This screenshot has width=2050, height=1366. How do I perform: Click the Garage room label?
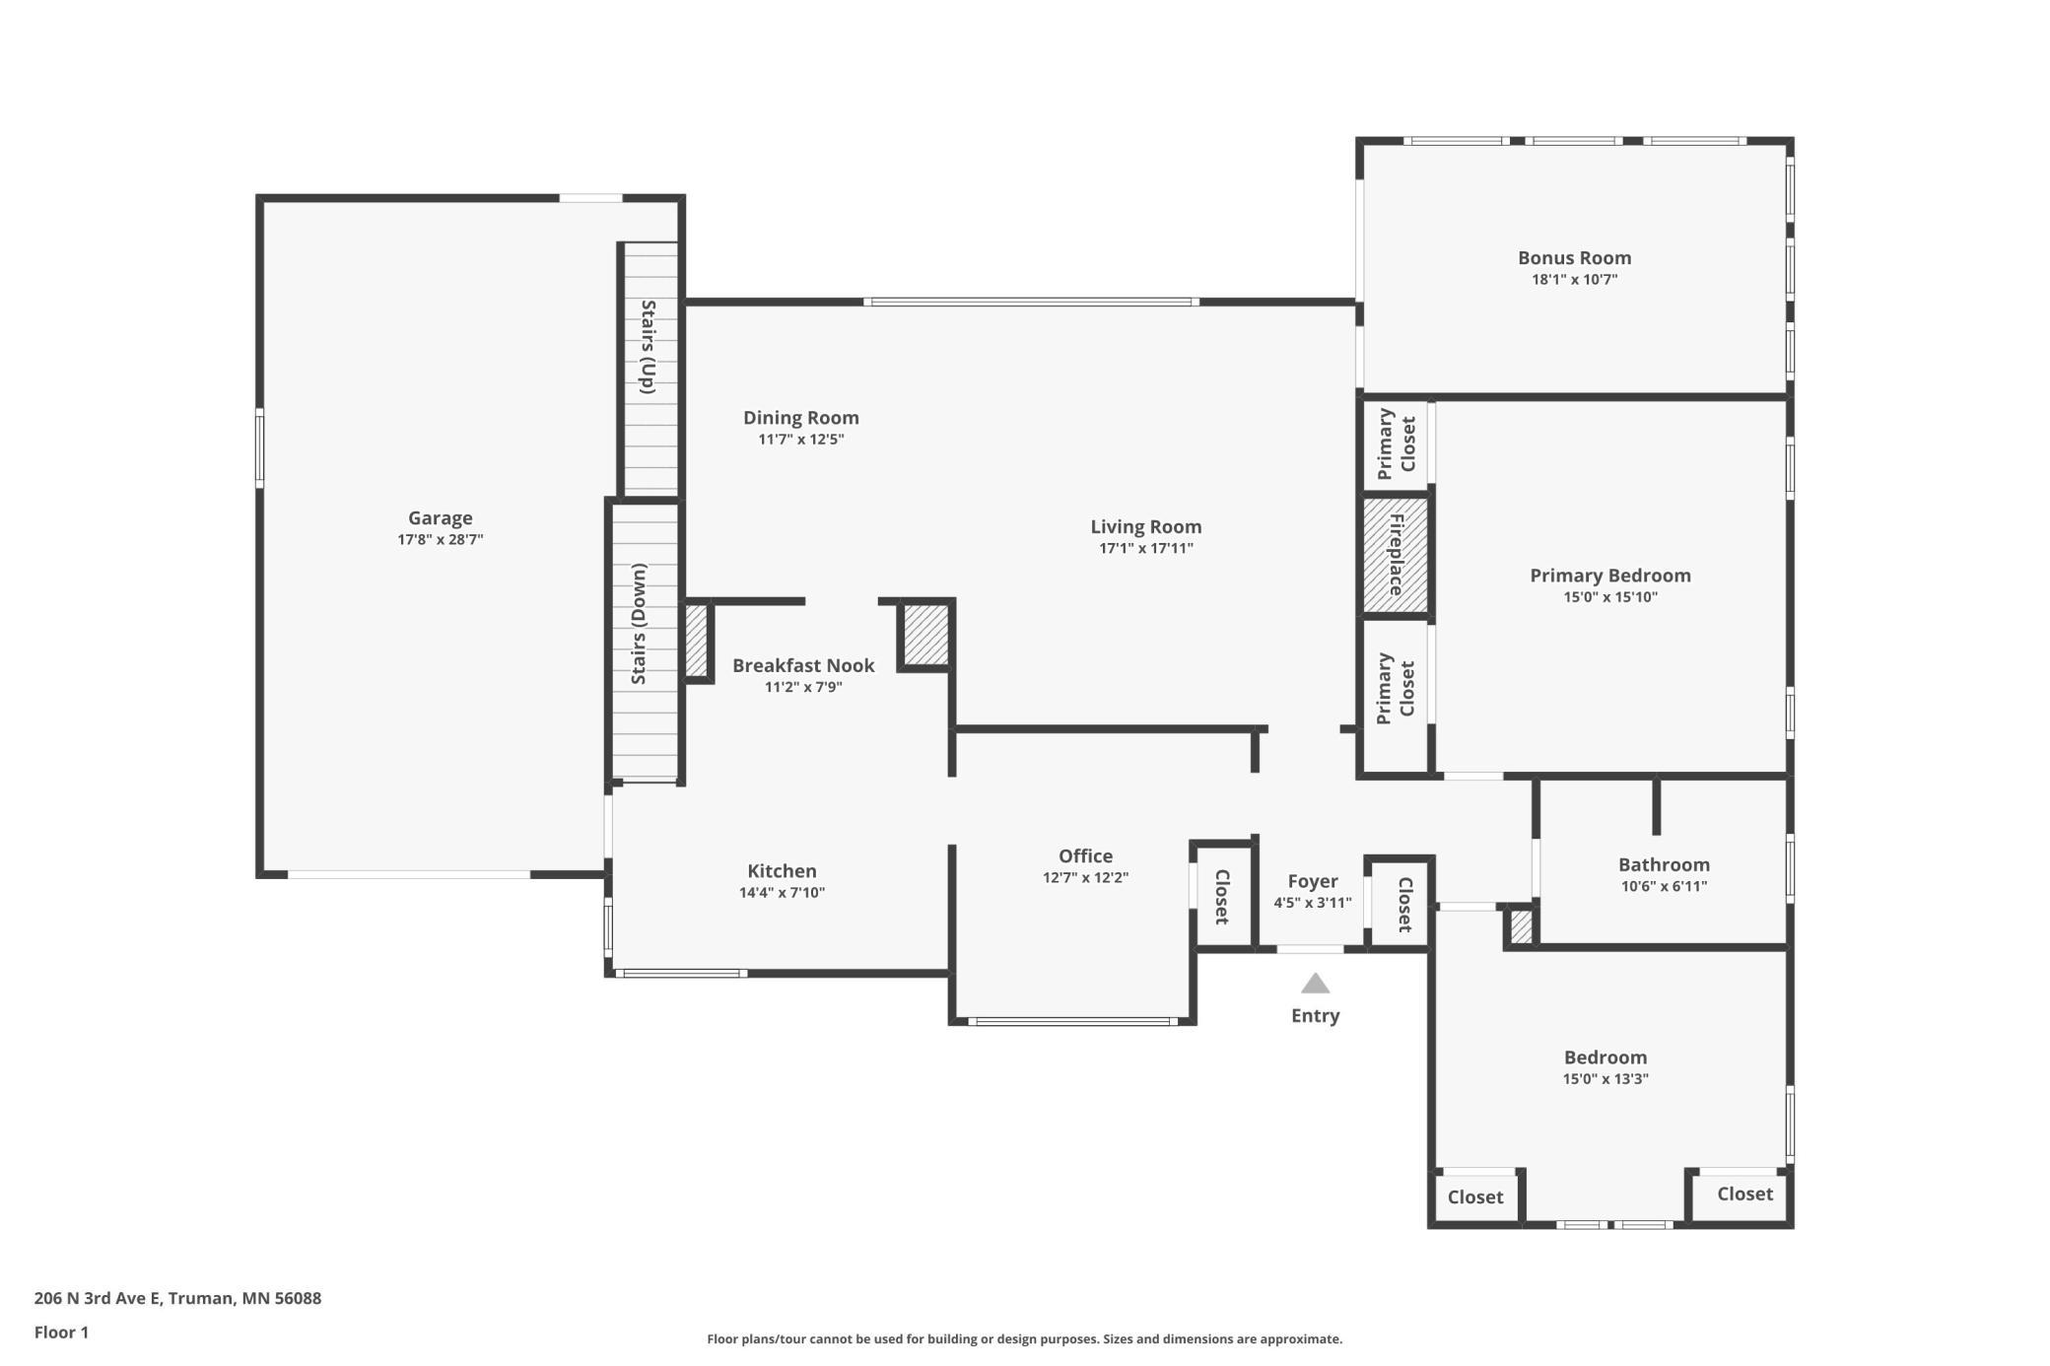(x=441, y=517)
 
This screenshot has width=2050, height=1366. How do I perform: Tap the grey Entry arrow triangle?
(x=1315, y=984)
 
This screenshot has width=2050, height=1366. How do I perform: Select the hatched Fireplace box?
(x=1395, y=554)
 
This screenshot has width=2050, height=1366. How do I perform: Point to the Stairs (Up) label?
(x=648, y=347)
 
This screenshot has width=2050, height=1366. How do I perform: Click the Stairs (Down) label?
(x=640, y=624)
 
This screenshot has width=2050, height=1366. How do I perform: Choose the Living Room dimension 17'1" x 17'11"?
(x=1146, y=549)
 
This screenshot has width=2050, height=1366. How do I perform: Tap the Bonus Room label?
(x=1574, y=257)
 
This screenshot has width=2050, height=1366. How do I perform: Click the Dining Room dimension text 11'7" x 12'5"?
(x=801, y=440)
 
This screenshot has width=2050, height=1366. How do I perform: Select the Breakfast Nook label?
(x=803, y=665)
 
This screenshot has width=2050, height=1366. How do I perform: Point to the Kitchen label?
(x=782, y=871)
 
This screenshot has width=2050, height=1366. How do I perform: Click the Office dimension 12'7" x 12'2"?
(x=1085, y=877)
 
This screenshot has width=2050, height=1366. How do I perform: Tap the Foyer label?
(x=1313, y=881)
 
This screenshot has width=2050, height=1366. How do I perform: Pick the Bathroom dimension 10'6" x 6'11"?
(x=1664, y=886)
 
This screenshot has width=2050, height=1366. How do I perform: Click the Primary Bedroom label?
(x=1610, y=576)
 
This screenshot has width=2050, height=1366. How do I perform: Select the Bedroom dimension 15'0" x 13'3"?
(x=1606, y=1078)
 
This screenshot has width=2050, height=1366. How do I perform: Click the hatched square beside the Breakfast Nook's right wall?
(x=926, y=635)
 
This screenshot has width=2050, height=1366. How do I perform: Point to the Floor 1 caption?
(x=61, y=1332)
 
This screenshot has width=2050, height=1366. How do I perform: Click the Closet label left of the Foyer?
(x=1222, y=897)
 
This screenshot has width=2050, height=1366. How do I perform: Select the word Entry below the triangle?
(x=1316, y=1016)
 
